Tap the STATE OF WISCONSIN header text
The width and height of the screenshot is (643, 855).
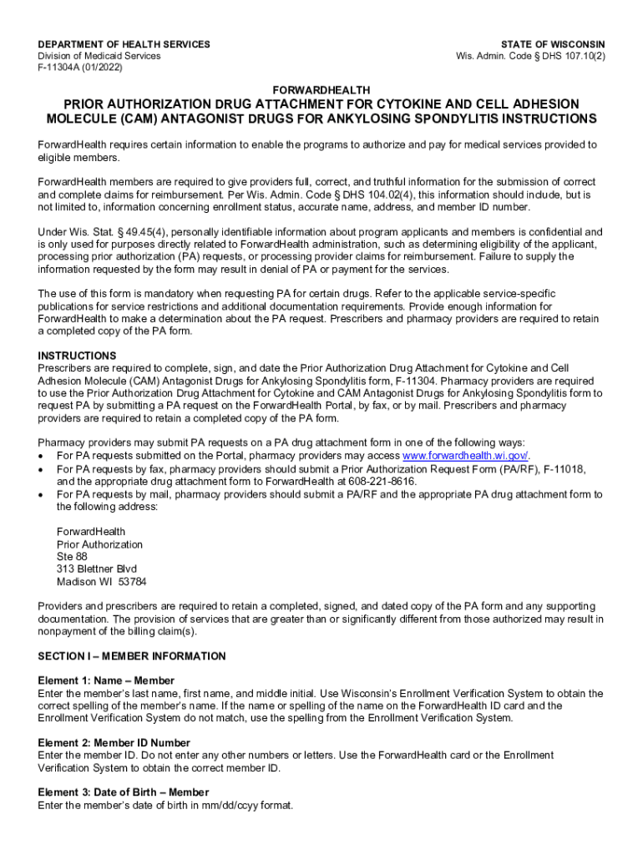553,44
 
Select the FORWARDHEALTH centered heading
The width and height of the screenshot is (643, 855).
321,89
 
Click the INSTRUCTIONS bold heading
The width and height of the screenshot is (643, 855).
77,356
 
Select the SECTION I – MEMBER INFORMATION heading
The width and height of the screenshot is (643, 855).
131,656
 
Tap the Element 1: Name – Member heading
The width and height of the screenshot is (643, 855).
106,681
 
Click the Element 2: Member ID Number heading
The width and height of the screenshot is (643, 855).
114,743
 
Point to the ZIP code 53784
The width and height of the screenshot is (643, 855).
133,582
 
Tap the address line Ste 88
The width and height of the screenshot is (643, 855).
72,557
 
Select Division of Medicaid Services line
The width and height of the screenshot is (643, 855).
99,56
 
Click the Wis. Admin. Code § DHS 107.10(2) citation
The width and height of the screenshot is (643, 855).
530,56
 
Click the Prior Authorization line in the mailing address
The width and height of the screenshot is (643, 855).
99,544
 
